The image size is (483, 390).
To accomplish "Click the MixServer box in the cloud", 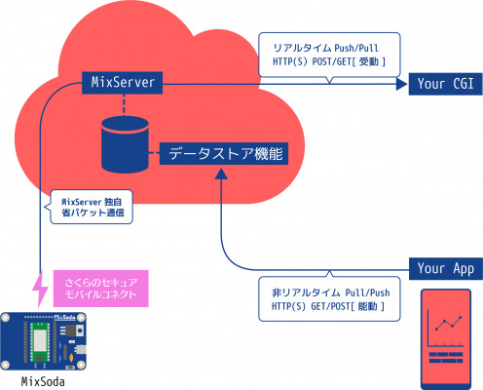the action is [122, 83].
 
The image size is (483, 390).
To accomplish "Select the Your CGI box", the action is [445, 84].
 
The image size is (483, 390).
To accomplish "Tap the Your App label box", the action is [446, 269].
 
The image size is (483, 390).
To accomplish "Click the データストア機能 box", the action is [224, 153].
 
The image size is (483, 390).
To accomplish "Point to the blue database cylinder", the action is [125, 144].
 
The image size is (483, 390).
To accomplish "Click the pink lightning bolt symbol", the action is [40, 289].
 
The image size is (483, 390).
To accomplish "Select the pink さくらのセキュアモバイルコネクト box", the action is [100, 289].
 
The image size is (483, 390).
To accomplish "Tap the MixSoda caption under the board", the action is [43, 381].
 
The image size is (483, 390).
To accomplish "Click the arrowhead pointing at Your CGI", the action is [401, 84].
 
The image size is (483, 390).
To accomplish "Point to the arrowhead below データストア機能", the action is [221, 174].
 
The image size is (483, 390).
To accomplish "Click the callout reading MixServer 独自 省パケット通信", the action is [92, 207].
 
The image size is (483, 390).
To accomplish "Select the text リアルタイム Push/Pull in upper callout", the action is [325, 48].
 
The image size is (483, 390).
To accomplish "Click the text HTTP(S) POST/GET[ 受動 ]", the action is [329, 61].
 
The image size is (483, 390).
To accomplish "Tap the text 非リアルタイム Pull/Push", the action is [331, 292].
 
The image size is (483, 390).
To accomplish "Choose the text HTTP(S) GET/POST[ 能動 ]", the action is [328, 306].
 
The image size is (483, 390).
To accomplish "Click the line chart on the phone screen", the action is [445, 328].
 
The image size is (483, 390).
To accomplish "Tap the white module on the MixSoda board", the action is [40, 341].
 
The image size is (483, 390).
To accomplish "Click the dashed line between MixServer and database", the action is [124, 105].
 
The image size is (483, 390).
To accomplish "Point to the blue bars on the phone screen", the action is [446, 357].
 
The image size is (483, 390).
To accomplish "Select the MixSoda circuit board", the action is [43, 341].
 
